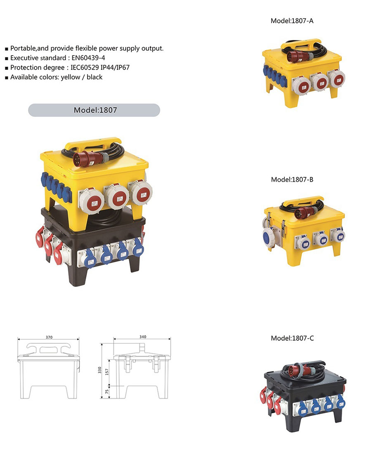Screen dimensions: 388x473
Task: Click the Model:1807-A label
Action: [292, 21]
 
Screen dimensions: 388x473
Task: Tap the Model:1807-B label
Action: [292, 180]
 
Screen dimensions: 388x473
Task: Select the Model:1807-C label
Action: [292, 338]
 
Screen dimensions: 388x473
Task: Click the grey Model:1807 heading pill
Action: [94, 110]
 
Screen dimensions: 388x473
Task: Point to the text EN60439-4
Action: [88, 58]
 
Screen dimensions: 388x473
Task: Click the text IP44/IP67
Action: [115, 68]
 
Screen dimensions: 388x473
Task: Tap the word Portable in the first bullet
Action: [23, 48]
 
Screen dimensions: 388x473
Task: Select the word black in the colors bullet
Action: [95, 77]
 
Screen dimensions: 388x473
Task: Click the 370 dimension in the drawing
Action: [49, 337]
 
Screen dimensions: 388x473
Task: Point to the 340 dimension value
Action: [143, 337]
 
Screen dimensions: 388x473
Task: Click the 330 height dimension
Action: [99, 370]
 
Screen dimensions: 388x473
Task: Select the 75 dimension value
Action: [106, 392]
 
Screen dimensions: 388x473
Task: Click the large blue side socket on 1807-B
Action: [268, 237]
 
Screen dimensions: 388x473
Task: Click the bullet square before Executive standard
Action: [7, 59]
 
